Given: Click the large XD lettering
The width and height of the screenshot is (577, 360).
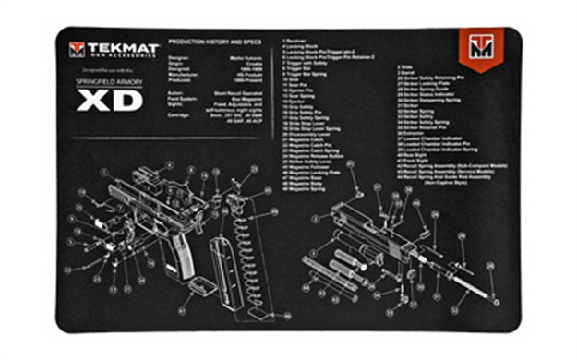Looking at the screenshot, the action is click(x=109, y=101).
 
